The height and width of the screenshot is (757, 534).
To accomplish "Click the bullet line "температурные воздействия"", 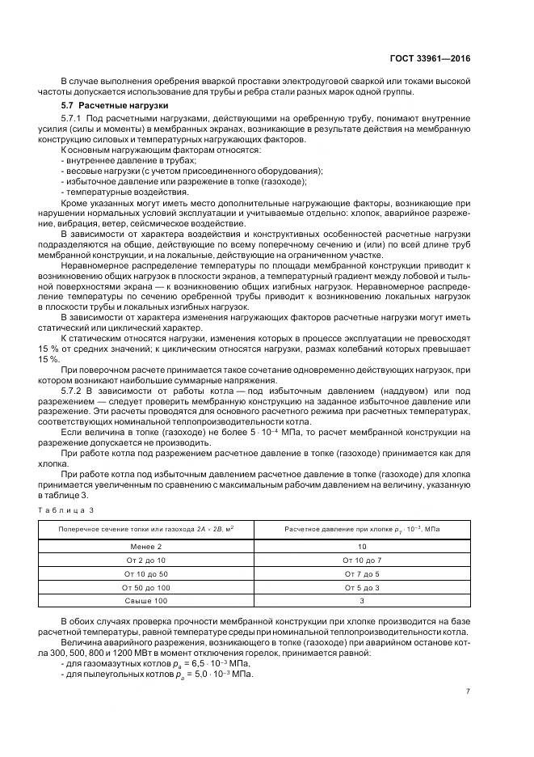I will pos(111,192).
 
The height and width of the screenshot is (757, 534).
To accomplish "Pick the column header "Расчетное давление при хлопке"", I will pos(361,529).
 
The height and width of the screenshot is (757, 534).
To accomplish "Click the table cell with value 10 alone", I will pos(361,547).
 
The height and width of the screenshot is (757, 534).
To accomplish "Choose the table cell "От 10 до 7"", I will pos(361,560).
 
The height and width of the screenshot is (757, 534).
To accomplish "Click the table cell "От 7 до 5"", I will pos(361,573).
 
